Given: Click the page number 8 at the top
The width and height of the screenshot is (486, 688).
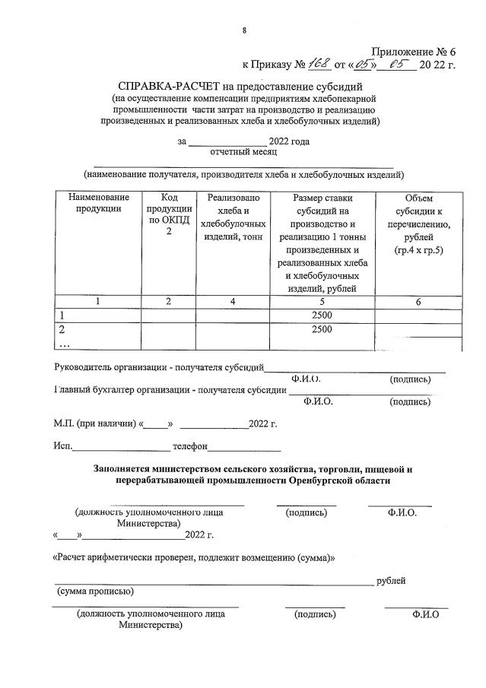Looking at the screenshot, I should tap(243, 30).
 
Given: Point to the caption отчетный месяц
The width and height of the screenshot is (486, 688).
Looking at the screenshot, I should tap(228, 152).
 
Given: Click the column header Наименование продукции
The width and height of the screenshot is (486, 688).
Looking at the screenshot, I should tap(94, 204).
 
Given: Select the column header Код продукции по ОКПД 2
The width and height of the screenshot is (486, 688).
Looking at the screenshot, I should tap(169, 214).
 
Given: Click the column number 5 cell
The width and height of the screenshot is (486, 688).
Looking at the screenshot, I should tap(322, 302).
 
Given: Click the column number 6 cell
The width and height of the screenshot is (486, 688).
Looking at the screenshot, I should tap(418, 302).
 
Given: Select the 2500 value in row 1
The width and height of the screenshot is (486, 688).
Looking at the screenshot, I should tap(322, 315).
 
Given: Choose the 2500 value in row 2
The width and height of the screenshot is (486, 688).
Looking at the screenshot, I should tap(322, 329).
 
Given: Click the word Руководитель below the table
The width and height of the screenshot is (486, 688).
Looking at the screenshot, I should tap(84, 367).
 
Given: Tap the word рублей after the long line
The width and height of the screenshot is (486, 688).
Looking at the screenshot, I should tap(391, 581).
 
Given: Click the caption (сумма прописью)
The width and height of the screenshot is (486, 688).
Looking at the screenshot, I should tap(96, 591).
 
